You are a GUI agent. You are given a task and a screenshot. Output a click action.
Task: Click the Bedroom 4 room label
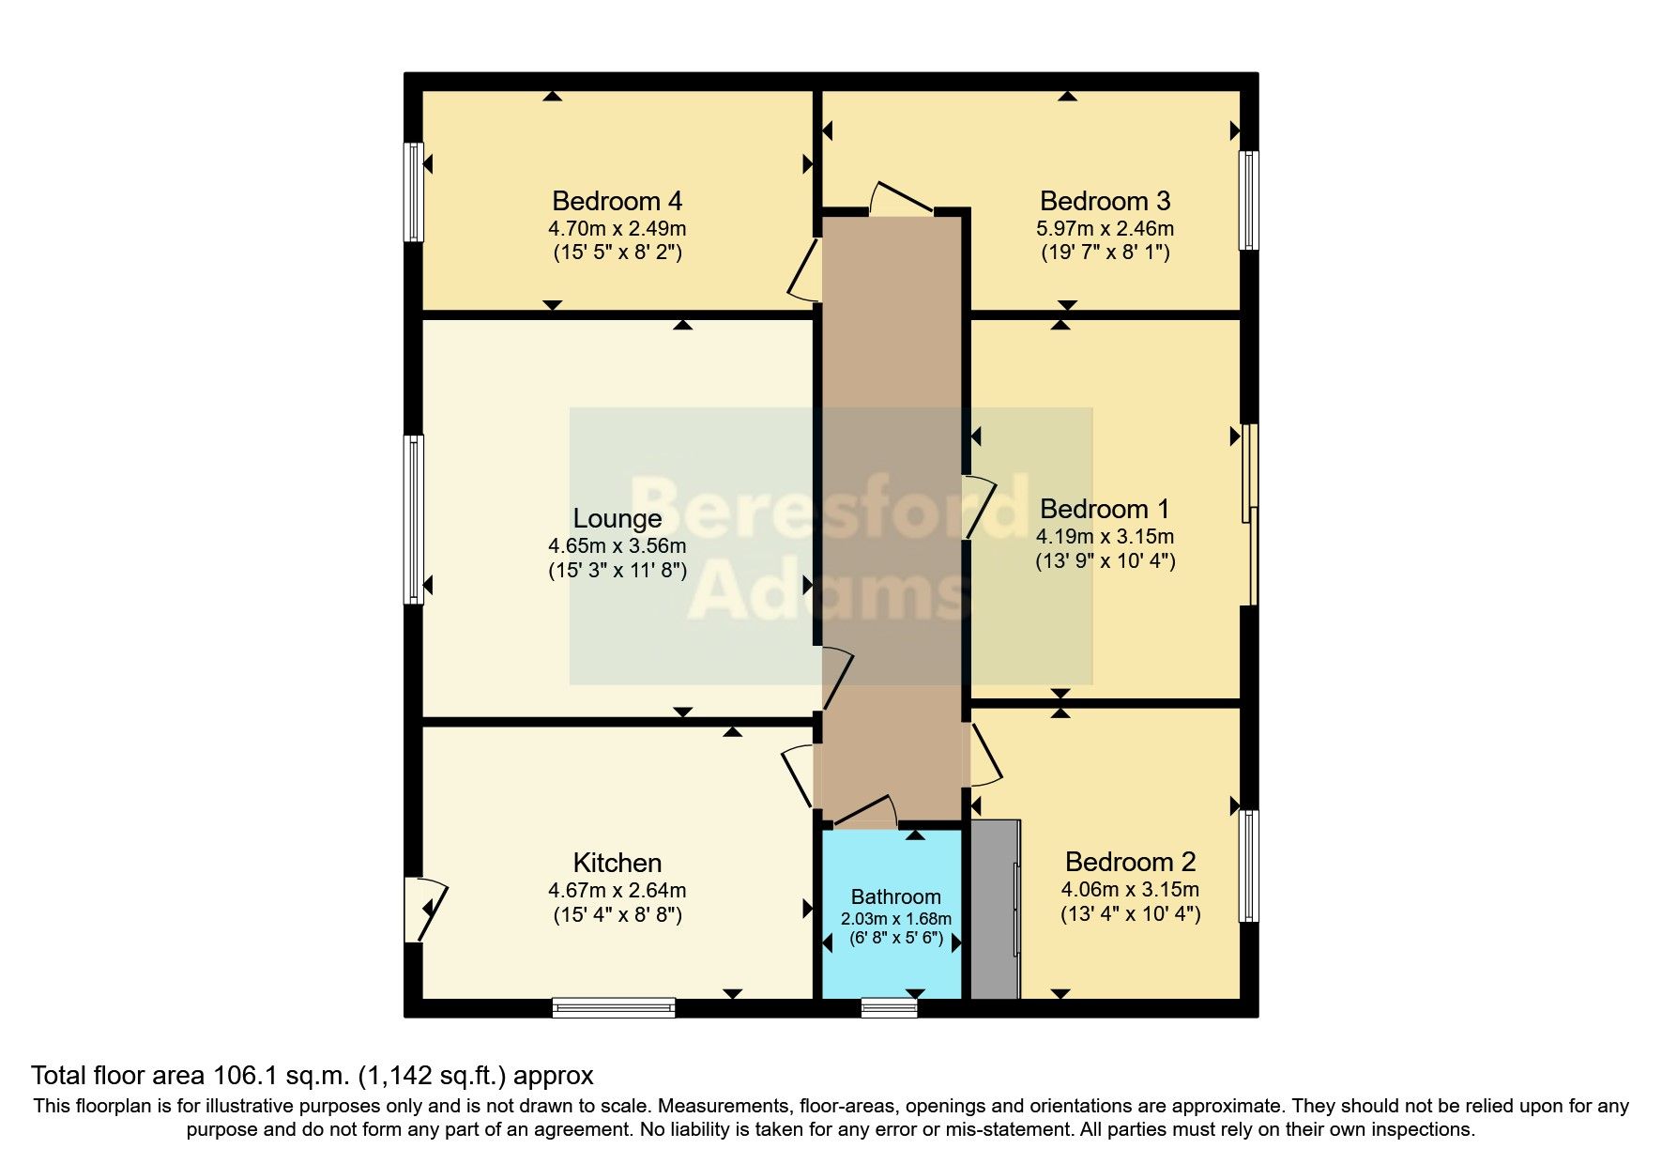[617, 201]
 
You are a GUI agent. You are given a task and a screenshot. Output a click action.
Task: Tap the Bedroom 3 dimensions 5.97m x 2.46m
[1105, 228]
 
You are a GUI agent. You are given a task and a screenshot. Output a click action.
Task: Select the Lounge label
[617, 518]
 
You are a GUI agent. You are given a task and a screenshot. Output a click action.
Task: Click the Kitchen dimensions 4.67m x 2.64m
[617, 890]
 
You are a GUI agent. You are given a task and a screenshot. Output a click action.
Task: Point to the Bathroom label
[895, 896]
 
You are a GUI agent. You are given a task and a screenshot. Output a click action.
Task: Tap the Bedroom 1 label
[1105, 509]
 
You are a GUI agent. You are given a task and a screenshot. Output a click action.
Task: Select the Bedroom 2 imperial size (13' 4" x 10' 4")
[1130, 913]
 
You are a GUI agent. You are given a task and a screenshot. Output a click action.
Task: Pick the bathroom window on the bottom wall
[889, 1008]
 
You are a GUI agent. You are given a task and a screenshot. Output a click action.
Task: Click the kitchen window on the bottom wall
[614, 1008]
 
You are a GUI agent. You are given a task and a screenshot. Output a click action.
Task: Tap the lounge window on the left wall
[414, 518]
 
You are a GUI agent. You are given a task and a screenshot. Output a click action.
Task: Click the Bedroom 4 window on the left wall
[414, 191]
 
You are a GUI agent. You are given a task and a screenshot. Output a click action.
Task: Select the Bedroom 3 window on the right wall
[1248, 200]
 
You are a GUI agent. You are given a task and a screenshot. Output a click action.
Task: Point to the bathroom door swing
[866, 813]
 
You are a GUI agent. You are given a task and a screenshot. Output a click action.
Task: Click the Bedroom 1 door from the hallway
[981, 507]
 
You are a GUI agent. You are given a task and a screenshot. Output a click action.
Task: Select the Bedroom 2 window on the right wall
[1248, 865]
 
